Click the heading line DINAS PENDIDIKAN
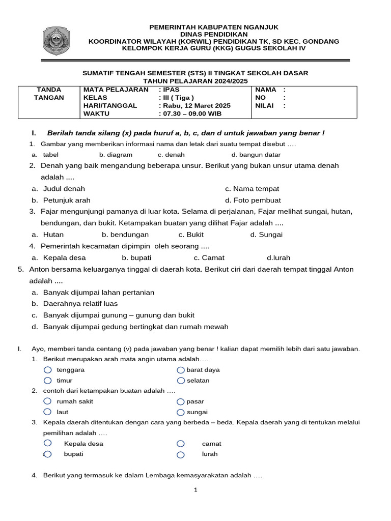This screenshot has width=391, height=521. click(213, 34)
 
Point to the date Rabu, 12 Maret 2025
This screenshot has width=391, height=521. click(194, 106)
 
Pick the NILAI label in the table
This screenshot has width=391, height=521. click(265, 106)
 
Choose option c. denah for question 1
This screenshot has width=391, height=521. click(171, 155)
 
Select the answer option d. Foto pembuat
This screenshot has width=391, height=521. click(253, 200)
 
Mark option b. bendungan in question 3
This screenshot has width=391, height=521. click(125, 235)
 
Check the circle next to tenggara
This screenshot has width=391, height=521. click(48, 370)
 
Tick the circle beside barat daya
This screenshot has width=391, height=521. click(181, 370)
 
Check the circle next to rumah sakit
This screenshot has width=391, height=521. click(48, 401)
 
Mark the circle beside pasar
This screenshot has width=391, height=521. click(181, 401)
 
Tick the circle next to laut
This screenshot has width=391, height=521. click(48, 412)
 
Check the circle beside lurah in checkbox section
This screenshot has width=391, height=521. click(181, 454)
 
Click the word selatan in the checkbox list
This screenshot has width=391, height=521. click(198, 381)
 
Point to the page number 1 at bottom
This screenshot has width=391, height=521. click(195, 490)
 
